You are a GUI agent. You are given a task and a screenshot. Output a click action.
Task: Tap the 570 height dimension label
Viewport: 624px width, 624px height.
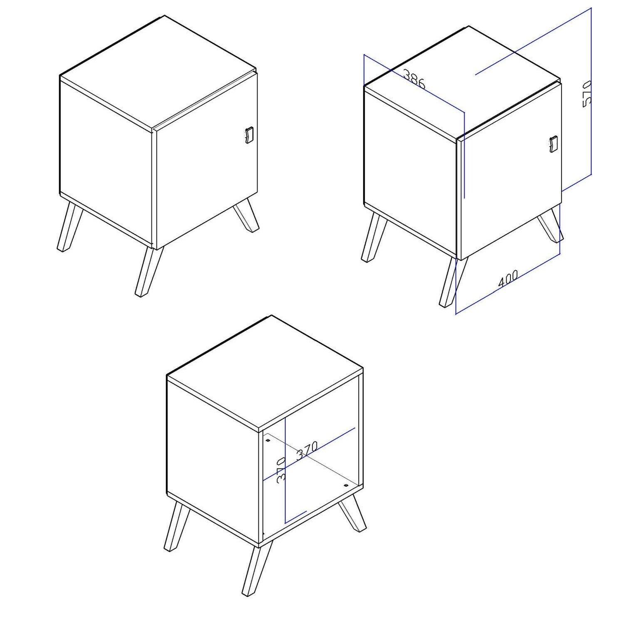587,94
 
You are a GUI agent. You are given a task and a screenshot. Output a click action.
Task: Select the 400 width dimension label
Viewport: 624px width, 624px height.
508,278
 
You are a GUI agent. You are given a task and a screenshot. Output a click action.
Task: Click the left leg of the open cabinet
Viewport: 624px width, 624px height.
176,526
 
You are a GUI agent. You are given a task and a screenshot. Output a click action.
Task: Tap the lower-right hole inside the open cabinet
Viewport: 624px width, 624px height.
345,485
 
